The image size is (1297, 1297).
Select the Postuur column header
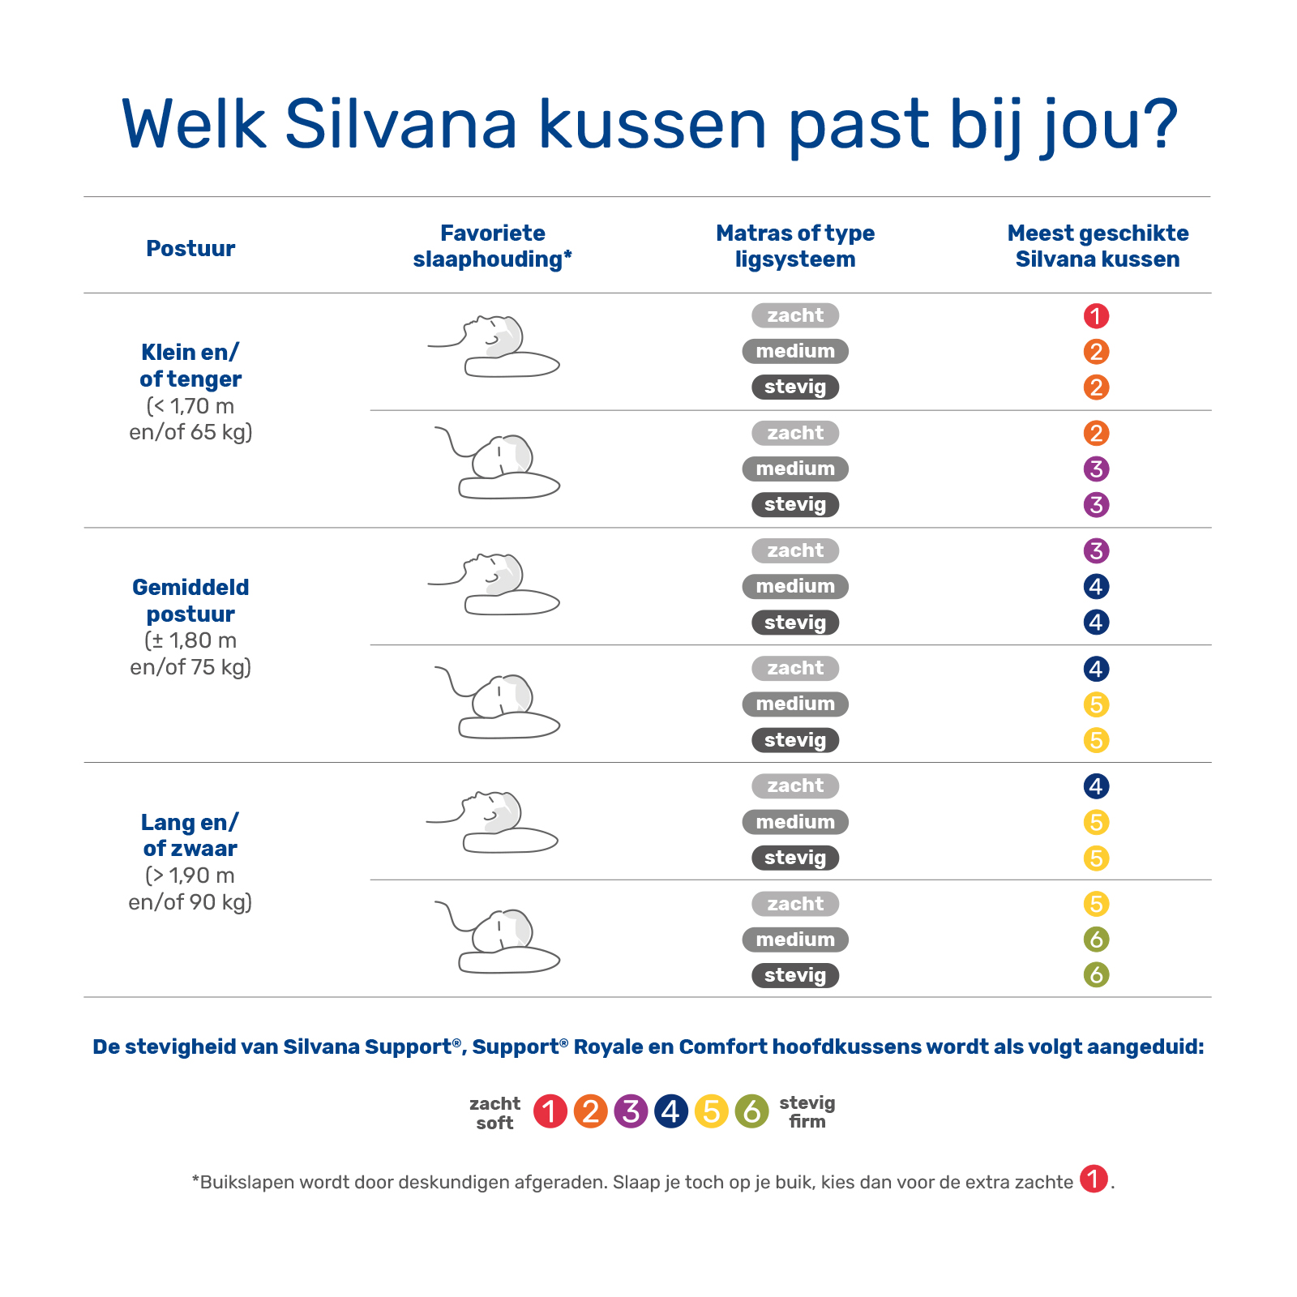click(x=190, y=248)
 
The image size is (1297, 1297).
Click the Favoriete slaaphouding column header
click(x=492, y=246)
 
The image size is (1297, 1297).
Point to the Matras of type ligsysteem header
click(x=795, y=246)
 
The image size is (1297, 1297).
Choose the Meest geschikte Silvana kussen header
click(x=1098, y=246)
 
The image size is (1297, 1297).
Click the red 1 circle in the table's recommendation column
click(x=1096, y=316)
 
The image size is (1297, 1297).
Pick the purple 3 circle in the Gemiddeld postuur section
click(x=1096, y=551)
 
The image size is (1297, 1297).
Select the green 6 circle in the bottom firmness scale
click(x=751, y=1111)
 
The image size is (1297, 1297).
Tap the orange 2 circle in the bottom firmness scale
click(x=590, y=1111)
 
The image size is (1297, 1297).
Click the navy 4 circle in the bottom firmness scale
click(x=671, y=1111)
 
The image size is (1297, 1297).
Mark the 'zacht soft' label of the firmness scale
click(x=494, y=1113)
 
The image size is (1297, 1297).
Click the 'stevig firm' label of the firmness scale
click(x=807, y=1111)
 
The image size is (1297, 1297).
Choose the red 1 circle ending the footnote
click(x=1094, y=1179)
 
